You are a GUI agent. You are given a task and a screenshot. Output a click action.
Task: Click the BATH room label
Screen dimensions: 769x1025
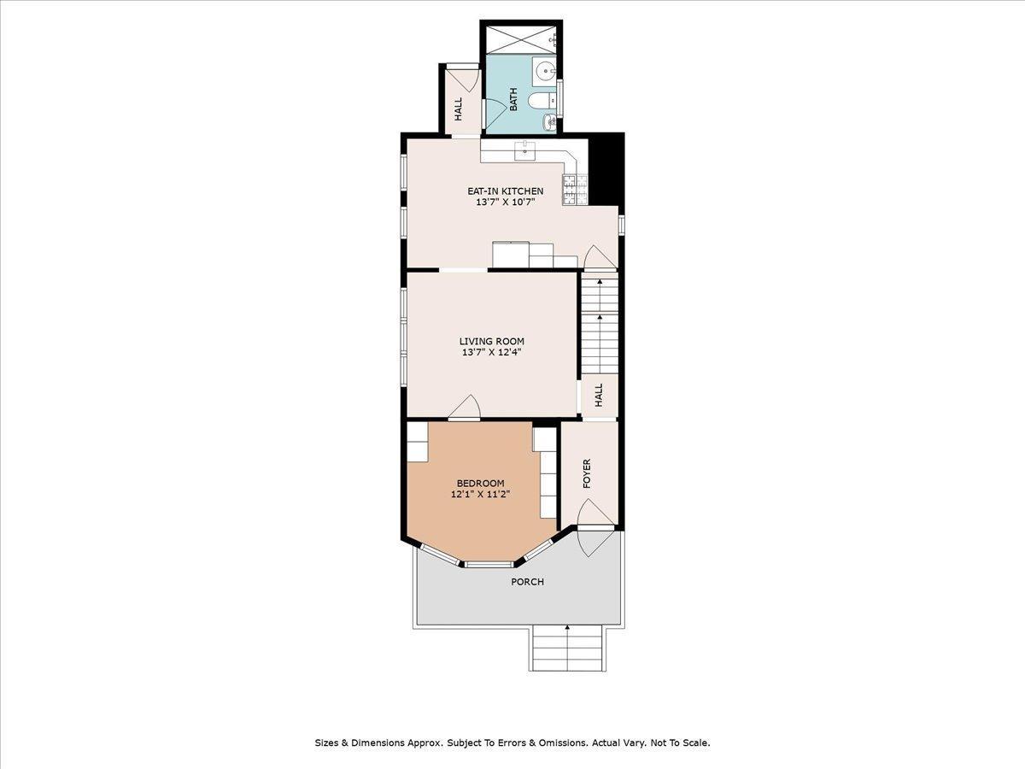pos(514,100)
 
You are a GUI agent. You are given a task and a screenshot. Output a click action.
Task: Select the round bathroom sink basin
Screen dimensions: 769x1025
pos(544,69)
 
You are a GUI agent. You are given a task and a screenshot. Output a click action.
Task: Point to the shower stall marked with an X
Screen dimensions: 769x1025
pos(520,39)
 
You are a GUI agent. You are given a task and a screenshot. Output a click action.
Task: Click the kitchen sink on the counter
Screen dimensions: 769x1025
pos(524,152)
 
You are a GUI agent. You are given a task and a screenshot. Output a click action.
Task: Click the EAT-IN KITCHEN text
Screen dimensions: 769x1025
pos(505,191)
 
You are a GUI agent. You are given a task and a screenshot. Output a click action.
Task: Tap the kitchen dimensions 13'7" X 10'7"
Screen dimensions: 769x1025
pos(505,203)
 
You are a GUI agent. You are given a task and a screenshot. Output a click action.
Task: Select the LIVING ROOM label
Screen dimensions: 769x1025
pos(491,342)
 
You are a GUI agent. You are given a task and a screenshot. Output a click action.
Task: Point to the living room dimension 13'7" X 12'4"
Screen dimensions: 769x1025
pos(491,352)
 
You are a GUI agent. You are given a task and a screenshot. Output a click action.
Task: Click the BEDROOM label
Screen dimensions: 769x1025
pos(479,483)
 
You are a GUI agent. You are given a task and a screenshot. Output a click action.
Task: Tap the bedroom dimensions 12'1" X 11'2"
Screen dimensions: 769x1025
pos(479,494)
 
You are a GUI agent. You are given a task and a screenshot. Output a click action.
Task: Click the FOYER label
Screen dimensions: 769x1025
pos(587,474)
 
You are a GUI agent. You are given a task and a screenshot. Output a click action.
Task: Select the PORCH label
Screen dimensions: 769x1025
pos(527,582)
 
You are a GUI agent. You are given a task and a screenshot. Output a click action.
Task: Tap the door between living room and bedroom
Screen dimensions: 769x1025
pos(464,410)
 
